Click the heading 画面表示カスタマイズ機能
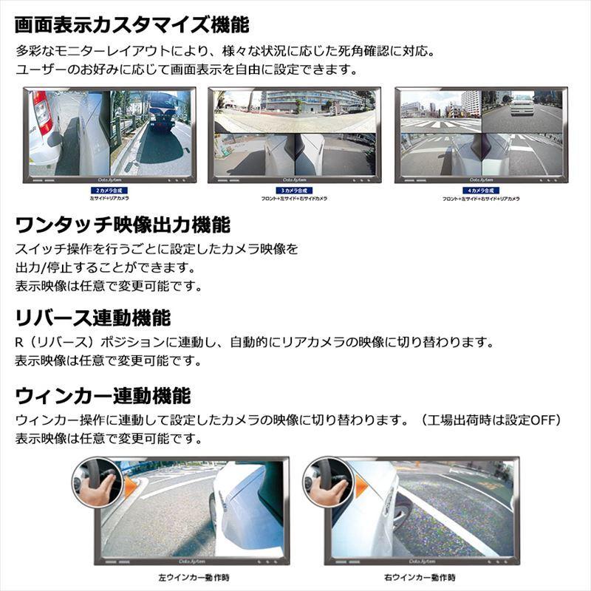(x=133, y=24)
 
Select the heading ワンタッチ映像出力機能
(x=123, y=224)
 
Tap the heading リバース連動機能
(x=93, y=318)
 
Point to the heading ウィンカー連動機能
(x=103, y=395)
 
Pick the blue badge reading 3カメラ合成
(x=294, y=191)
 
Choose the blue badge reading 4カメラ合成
(x=481, y=191)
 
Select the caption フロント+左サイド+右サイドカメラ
(x=294, y=199)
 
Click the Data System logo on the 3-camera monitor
(x=294, y=180)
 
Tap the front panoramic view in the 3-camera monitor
(x=294, y=111)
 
